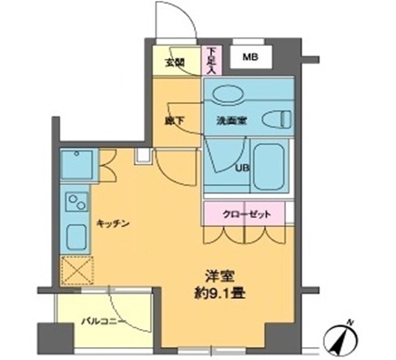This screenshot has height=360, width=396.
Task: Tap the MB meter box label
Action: pos(249,57)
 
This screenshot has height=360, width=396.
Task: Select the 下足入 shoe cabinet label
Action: pos(208,59)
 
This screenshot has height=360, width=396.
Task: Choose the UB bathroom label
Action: pos(242,167)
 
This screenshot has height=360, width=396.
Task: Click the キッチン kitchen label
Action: pos(114,223)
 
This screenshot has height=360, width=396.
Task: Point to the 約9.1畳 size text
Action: pos(218,293)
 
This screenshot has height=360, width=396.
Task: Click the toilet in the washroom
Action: pos(276,116)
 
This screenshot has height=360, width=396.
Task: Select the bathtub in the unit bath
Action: pos(268,166)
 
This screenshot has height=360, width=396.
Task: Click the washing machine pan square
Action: pos(77,165)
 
